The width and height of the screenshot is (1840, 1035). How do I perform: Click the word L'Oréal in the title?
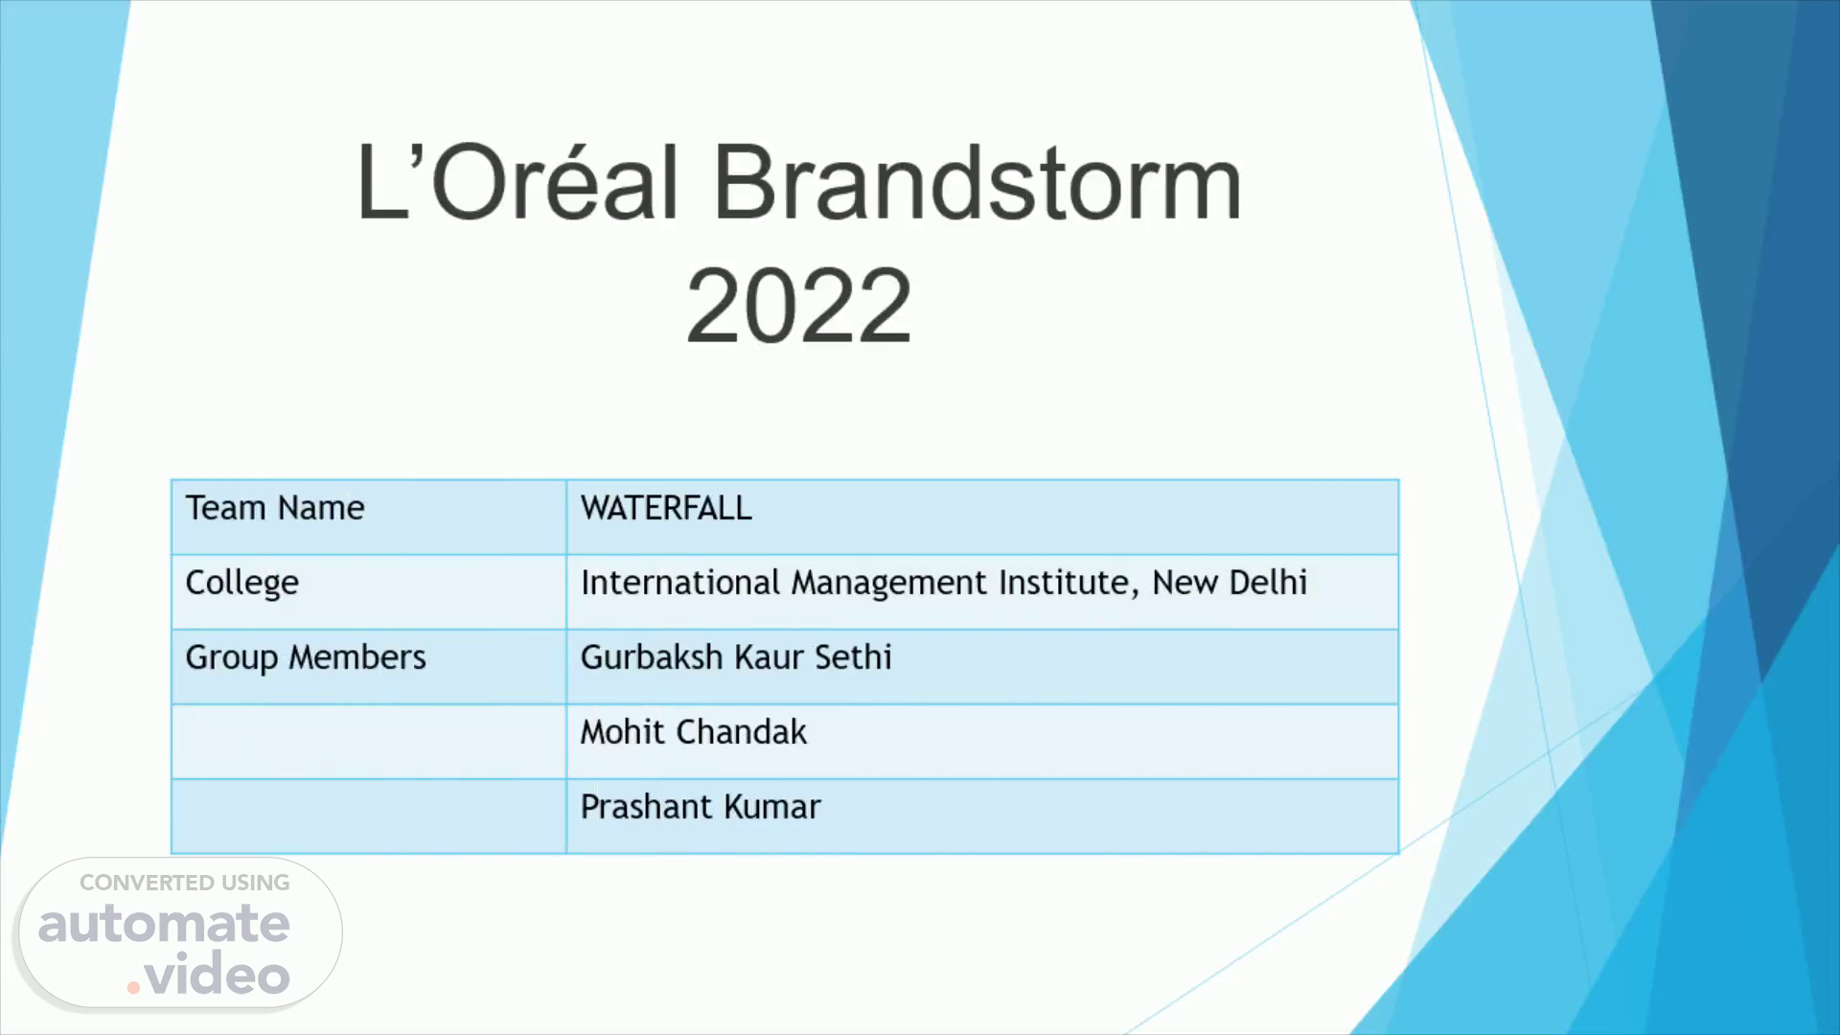click(x=517, y=182)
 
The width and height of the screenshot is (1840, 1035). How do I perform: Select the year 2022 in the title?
click(x=798, y=306)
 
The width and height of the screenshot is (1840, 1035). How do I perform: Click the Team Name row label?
click(x=275, y=508)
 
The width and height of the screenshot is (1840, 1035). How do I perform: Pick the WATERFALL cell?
click(x=666, y=508)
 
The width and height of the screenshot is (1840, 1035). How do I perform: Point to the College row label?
click(x=242, y=584)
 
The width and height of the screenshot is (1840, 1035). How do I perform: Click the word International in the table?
click(x=680, y=583)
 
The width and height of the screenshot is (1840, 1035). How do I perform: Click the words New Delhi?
click(x=1230, y=583)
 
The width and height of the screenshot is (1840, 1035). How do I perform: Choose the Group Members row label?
click(x=306, y=658)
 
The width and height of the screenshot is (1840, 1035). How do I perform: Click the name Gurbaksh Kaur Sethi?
click(x=736, y=657)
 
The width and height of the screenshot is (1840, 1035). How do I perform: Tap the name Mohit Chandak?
click(x=694, y=732)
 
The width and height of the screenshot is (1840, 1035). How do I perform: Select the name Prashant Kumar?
click(x=701, y=807)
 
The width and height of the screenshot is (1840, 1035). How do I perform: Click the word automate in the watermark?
click(x=164, y=923)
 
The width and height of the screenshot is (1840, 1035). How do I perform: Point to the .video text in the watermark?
click(x=209, y=975)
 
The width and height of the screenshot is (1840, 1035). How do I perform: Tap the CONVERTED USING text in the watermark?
click(x=185, y=883)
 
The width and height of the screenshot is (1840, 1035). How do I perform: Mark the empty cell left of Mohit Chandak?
click(x=369, y=742)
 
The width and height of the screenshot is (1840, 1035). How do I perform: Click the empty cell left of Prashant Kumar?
click(x=369, y=816)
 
